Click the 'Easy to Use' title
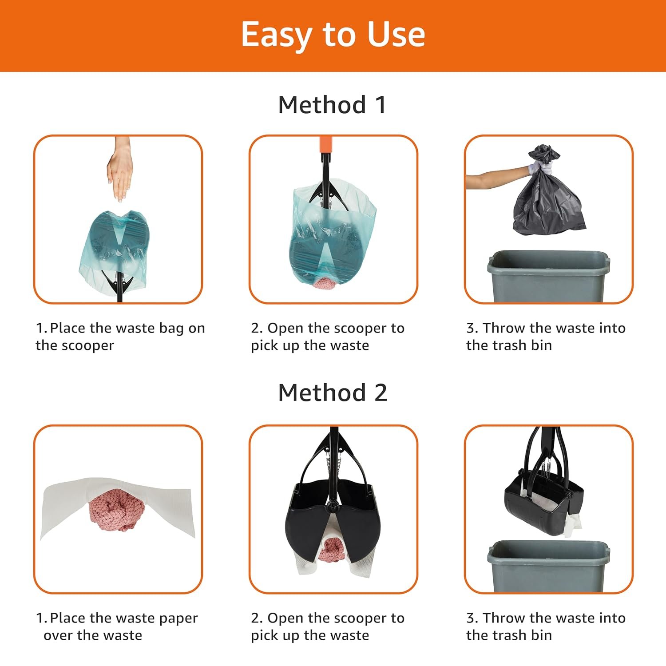click(333, 35)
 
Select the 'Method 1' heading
click(332, 105)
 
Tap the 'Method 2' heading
click(333, 392)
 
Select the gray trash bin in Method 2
click(549, 566)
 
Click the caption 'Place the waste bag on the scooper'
click(120, 337)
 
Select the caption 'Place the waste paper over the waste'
click(117, 626)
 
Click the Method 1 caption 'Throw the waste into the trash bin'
click(546, 337)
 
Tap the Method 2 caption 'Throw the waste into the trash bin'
click(546, 626)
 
